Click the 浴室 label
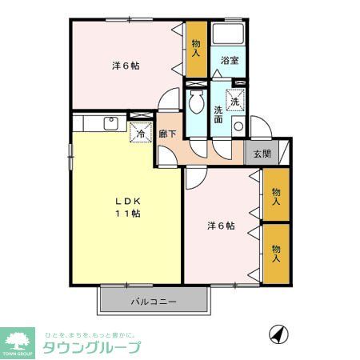pos(230,61)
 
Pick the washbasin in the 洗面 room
pos(238,126)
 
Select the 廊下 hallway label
pos(167,137)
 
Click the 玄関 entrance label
pos(262,154)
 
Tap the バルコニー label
pos(154,302)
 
